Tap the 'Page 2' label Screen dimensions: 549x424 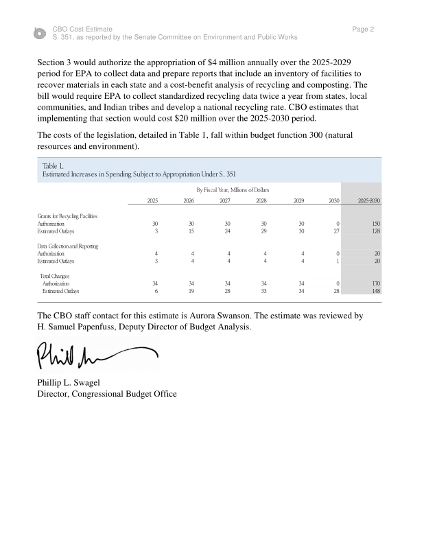pyautogui.click(x=362, y=30)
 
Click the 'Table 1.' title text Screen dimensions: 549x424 pyautogui.click(x=52, y=165)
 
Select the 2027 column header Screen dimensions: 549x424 pyautogui.click(x=224, y=200)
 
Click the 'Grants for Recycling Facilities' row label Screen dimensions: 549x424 pyautogui.click(x=67, y=215)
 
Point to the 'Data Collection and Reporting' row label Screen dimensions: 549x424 pyautogui.click(x=67, y=245)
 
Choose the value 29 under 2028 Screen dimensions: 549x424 pyautogui.click(x=262, y=231)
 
